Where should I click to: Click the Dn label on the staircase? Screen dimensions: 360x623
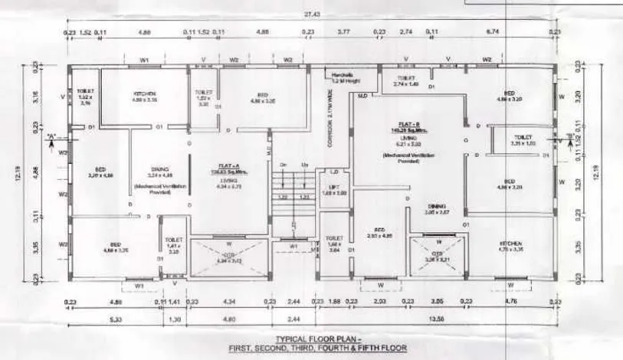click(283, 166)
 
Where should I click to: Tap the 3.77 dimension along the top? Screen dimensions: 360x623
click(344, 33)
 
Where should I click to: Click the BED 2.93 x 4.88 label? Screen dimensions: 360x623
click(379, 233)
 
